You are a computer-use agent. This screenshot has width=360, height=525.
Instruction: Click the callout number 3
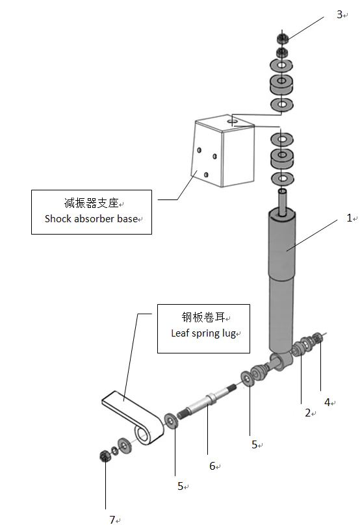[339, 14]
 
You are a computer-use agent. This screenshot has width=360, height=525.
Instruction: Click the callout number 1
[348, 218]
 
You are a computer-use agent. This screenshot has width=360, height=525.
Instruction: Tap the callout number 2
[308, 413]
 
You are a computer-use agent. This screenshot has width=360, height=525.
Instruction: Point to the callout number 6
[212, 466]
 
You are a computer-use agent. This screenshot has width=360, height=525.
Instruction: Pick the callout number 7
[112, 519]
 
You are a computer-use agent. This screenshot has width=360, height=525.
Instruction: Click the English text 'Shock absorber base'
[91, 219]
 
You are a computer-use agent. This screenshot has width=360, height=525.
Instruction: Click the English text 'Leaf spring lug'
[203, 333]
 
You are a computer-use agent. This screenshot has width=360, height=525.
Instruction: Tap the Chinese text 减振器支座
[91, 203]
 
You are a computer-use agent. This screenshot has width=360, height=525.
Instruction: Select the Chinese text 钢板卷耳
[203, 318]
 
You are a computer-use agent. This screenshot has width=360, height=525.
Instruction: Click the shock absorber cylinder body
[281, 279]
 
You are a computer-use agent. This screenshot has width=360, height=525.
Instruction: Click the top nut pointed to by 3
[283, 37]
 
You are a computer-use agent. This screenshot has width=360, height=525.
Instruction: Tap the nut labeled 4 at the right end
[317, 339]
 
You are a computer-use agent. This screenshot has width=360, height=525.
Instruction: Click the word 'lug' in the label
[229, 333]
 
